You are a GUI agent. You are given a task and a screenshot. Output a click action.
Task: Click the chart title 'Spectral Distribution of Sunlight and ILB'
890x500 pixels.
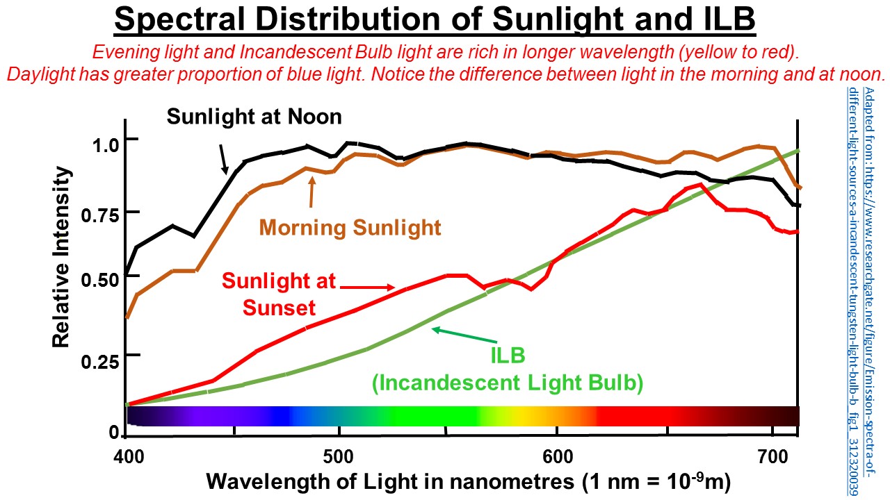click(x=435, y=20)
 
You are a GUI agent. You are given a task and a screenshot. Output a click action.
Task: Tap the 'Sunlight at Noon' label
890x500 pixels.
click(x=254, y=117)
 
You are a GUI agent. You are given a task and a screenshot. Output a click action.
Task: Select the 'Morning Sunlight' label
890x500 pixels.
click(x=350, y=227)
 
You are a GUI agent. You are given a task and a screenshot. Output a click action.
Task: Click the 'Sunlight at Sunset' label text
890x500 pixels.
click(x=278, y=294)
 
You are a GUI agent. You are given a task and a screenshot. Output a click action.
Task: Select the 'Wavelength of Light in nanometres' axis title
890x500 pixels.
click(x=469, y=481)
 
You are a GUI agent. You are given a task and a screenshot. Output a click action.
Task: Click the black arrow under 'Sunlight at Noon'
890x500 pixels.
click(x=222, y=159)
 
